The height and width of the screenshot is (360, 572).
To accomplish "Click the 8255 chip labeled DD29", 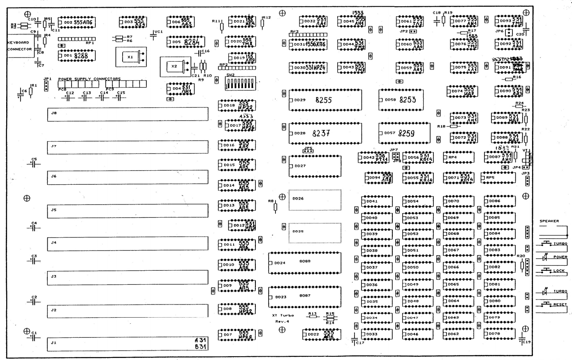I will [325, 100].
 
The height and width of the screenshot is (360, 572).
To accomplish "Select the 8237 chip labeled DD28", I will [325, 133].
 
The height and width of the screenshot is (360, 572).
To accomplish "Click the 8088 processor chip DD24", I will [305, 262].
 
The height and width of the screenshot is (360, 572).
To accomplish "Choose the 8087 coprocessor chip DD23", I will [305, 296].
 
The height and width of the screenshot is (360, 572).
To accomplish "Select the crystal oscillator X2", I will [175, 66].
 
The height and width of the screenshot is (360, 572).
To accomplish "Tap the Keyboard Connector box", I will [19, 46].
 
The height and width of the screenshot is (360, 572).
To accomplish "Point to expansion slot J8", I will [127, 114].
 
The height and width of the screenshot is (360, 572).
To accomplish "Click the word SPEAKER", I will [549, 221].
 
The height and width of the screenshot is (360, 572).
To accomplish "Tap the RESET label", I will [560, 305].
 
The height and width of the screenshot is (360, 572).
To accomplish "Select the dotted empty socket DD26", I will [315, 200].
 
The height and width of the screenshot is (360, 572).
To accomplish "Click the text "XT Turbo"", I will [283, 316].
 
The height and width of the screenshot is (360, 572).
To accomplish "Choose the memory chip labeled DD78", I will [499, 334].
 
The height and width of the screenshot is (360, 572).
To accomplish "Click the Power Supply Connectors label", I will [89, 79].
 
